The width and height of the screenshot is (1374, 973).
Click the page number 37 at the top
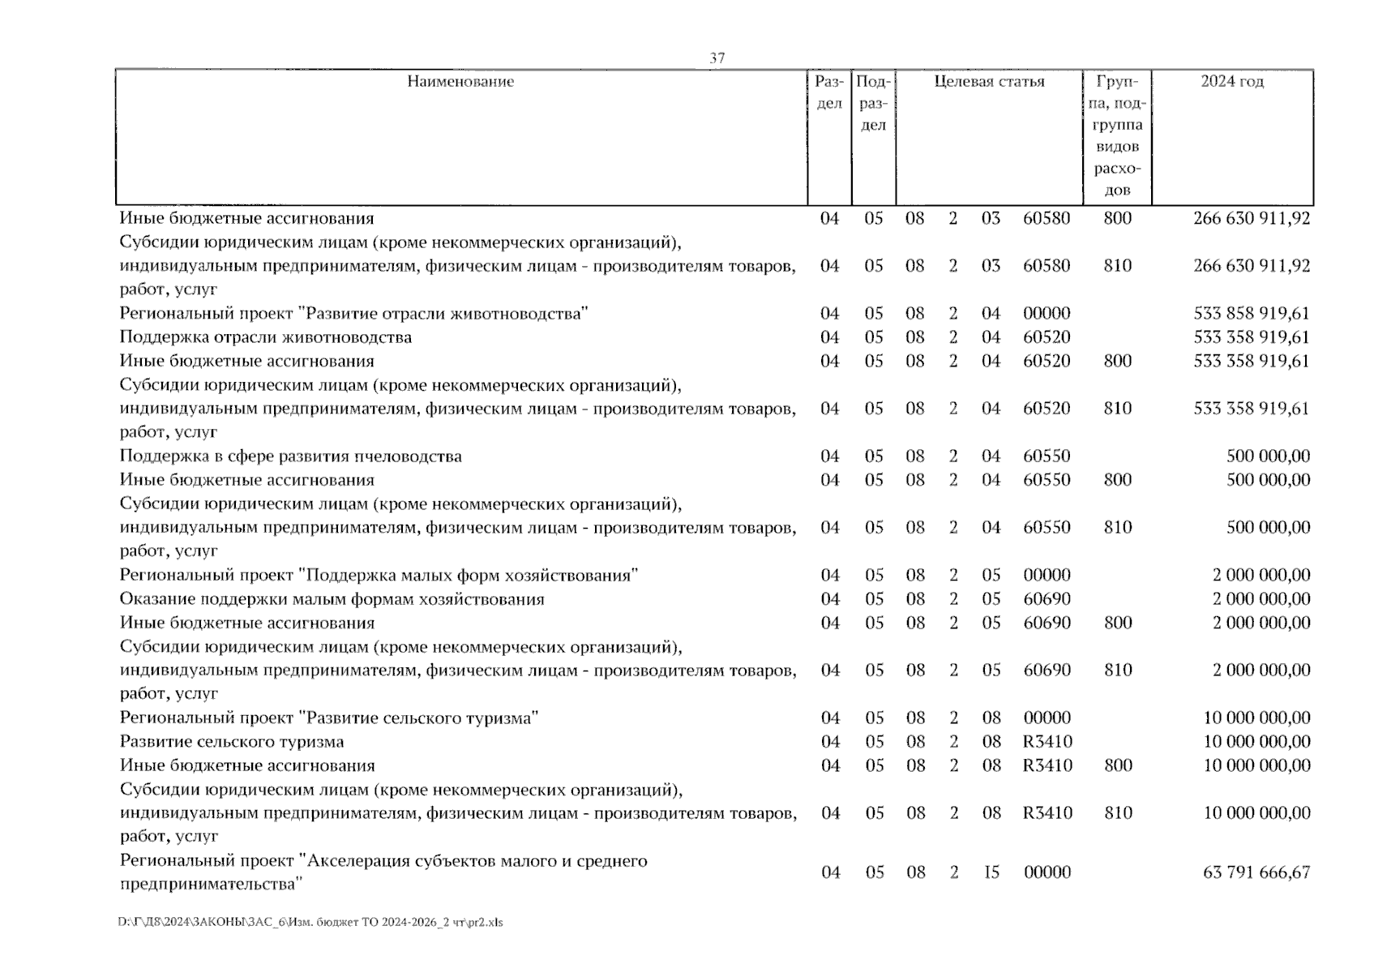[x=717, y=58]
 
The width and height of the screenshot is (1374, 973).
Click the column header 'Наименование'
[x=460, y=81]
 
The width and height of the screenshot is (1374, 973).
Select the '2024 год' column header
[x=1231, y=81]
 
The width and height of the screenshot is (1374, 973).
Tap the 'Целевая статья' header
[x=989, y=81]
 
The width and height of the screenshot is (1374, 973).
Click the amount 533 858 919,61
[x=1251, y=313]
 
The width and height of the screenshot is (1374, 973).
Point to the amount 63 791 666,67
[x=1256, y=872]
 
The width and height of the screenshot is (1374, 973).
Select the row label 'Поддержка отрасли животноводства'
[x=265, y=337]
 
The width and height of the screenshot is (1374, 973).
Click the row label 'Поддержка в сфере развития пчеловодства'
[x=290, y=456]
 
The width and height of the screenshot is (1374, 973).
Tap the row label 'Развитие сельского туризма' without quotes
[x=231, y=741]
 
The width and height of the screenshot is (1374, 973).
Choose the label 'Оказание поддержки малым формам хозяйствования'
[x=332, y=599]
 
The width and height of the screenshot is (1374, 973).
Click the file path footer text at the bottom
[x=310, y=922]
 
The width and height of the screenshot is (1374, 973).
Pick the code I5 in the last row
[x=991, y=872]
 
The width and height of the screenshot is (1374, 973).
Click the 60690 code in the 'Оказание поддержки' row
[x=1047, y=599]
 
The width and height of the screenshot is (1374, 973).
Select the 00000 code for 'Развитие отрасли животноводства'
[x=1047, y=313]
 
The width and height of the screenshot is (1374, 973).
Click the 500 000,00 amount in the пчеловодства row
[x=1268, y=456]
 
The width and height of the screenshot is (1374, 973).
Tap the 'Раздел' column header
[x=829, y=92]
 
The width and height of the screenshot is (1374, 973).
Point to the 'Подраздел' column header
[x=873, y=103]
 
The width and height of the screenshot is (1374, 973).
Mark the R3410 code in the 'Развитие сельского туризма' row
[x=1047, y=741]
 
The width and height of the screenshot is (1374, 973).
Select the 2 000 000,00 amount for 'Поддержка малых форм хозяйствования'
[x=1261, y=575]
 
